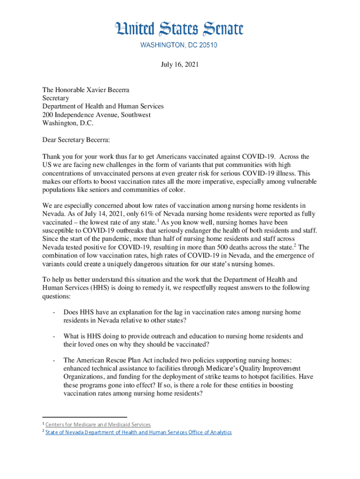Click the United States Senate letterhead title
(180, 29)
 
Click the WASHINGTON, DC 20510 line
(180, 45)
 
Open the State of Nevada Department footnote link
(138, 432)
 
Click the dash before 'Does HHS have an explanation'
(55, 312)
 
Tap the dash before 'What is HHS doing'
(55, 336)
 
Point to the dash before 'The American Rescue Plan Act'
(55, 360)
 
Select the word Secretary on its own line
(56, 98)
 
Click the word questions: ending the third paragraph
(58, 297)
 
